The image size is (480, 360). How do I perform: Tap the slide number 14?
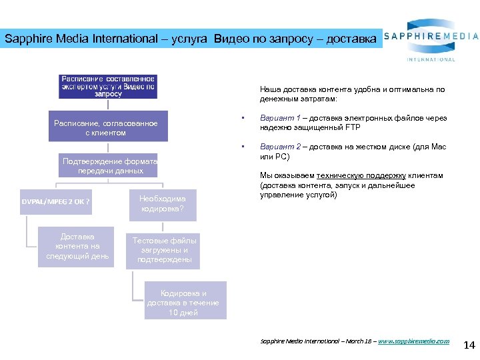(468, 345)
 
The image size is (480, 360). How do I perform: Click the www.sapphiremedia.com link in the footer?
(414, 341)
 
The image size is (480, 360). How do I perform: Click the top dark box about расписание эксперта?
(108, 86)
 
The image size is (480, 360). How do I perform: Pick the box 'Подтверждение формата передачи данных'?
(109, 165)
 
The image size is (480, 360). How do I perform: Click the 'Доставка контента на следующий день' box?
(77, 247)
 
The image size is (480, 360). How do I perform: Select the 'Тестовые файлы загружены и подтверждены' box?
(161, 250)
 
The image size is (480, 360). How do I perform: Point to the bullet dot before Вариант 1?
(244, 119)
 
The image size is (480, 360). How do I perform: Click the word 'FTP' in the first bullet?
(353, 127)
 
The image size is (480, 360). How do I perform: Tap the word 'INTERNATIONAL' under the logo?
(431, 59)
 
